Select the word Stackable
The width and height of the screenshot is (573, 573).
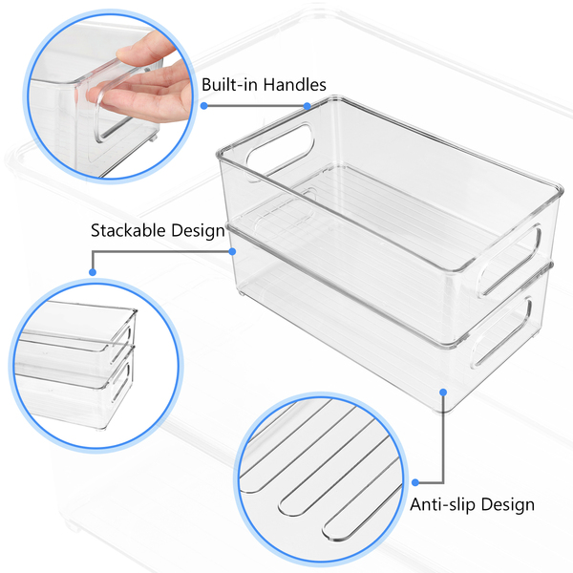[x=129, y=230]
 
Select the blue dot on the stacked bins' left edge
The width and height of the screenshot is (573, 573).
[x=232, y=251]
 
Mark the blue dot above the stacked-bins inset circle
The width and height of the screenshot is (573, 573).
[x=93, y=272]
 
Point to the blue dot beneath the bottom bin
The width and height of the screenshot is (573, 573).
[x=442, y=392]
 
